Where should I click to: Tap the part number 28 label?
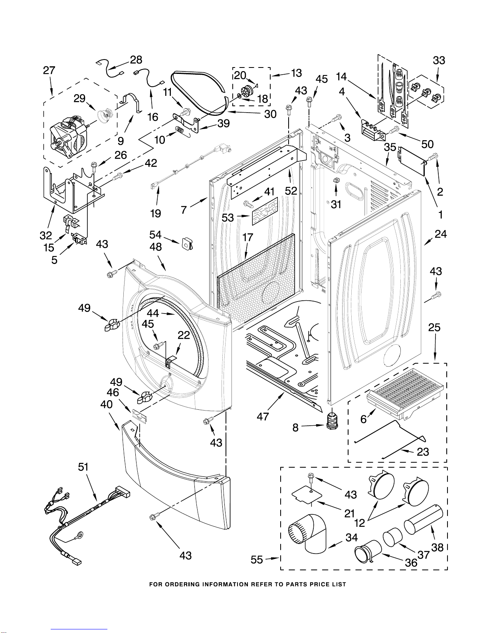(136, 60)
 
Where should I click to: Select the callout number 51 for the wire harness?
(83, 467)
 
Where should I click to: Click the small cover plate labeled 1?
(412, 161)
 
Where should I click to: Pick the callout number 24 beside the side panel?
(440, 234)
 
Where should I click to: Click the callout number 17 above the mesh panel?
(248, 237)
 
